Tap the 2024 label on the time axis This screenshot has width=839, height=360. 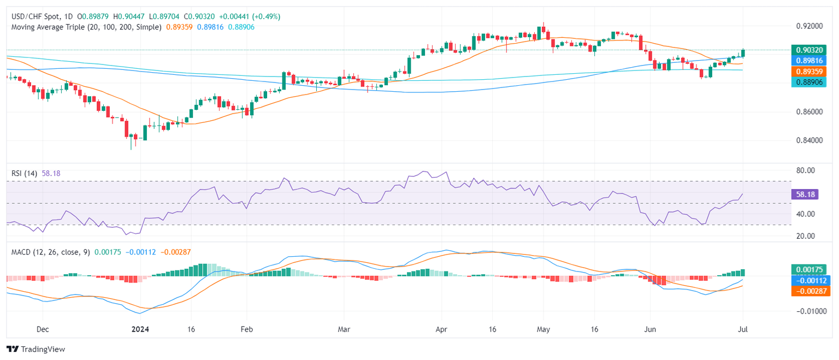pos(140,330)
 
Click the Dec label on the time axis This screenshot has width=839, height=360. pos(43,330)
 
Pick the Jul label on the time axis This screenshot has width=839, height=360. pos(743,330)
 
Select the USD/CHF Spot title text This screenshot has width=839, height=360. pos(36,16)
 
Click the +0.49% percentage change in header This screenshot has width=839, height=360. pos(268,16)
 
